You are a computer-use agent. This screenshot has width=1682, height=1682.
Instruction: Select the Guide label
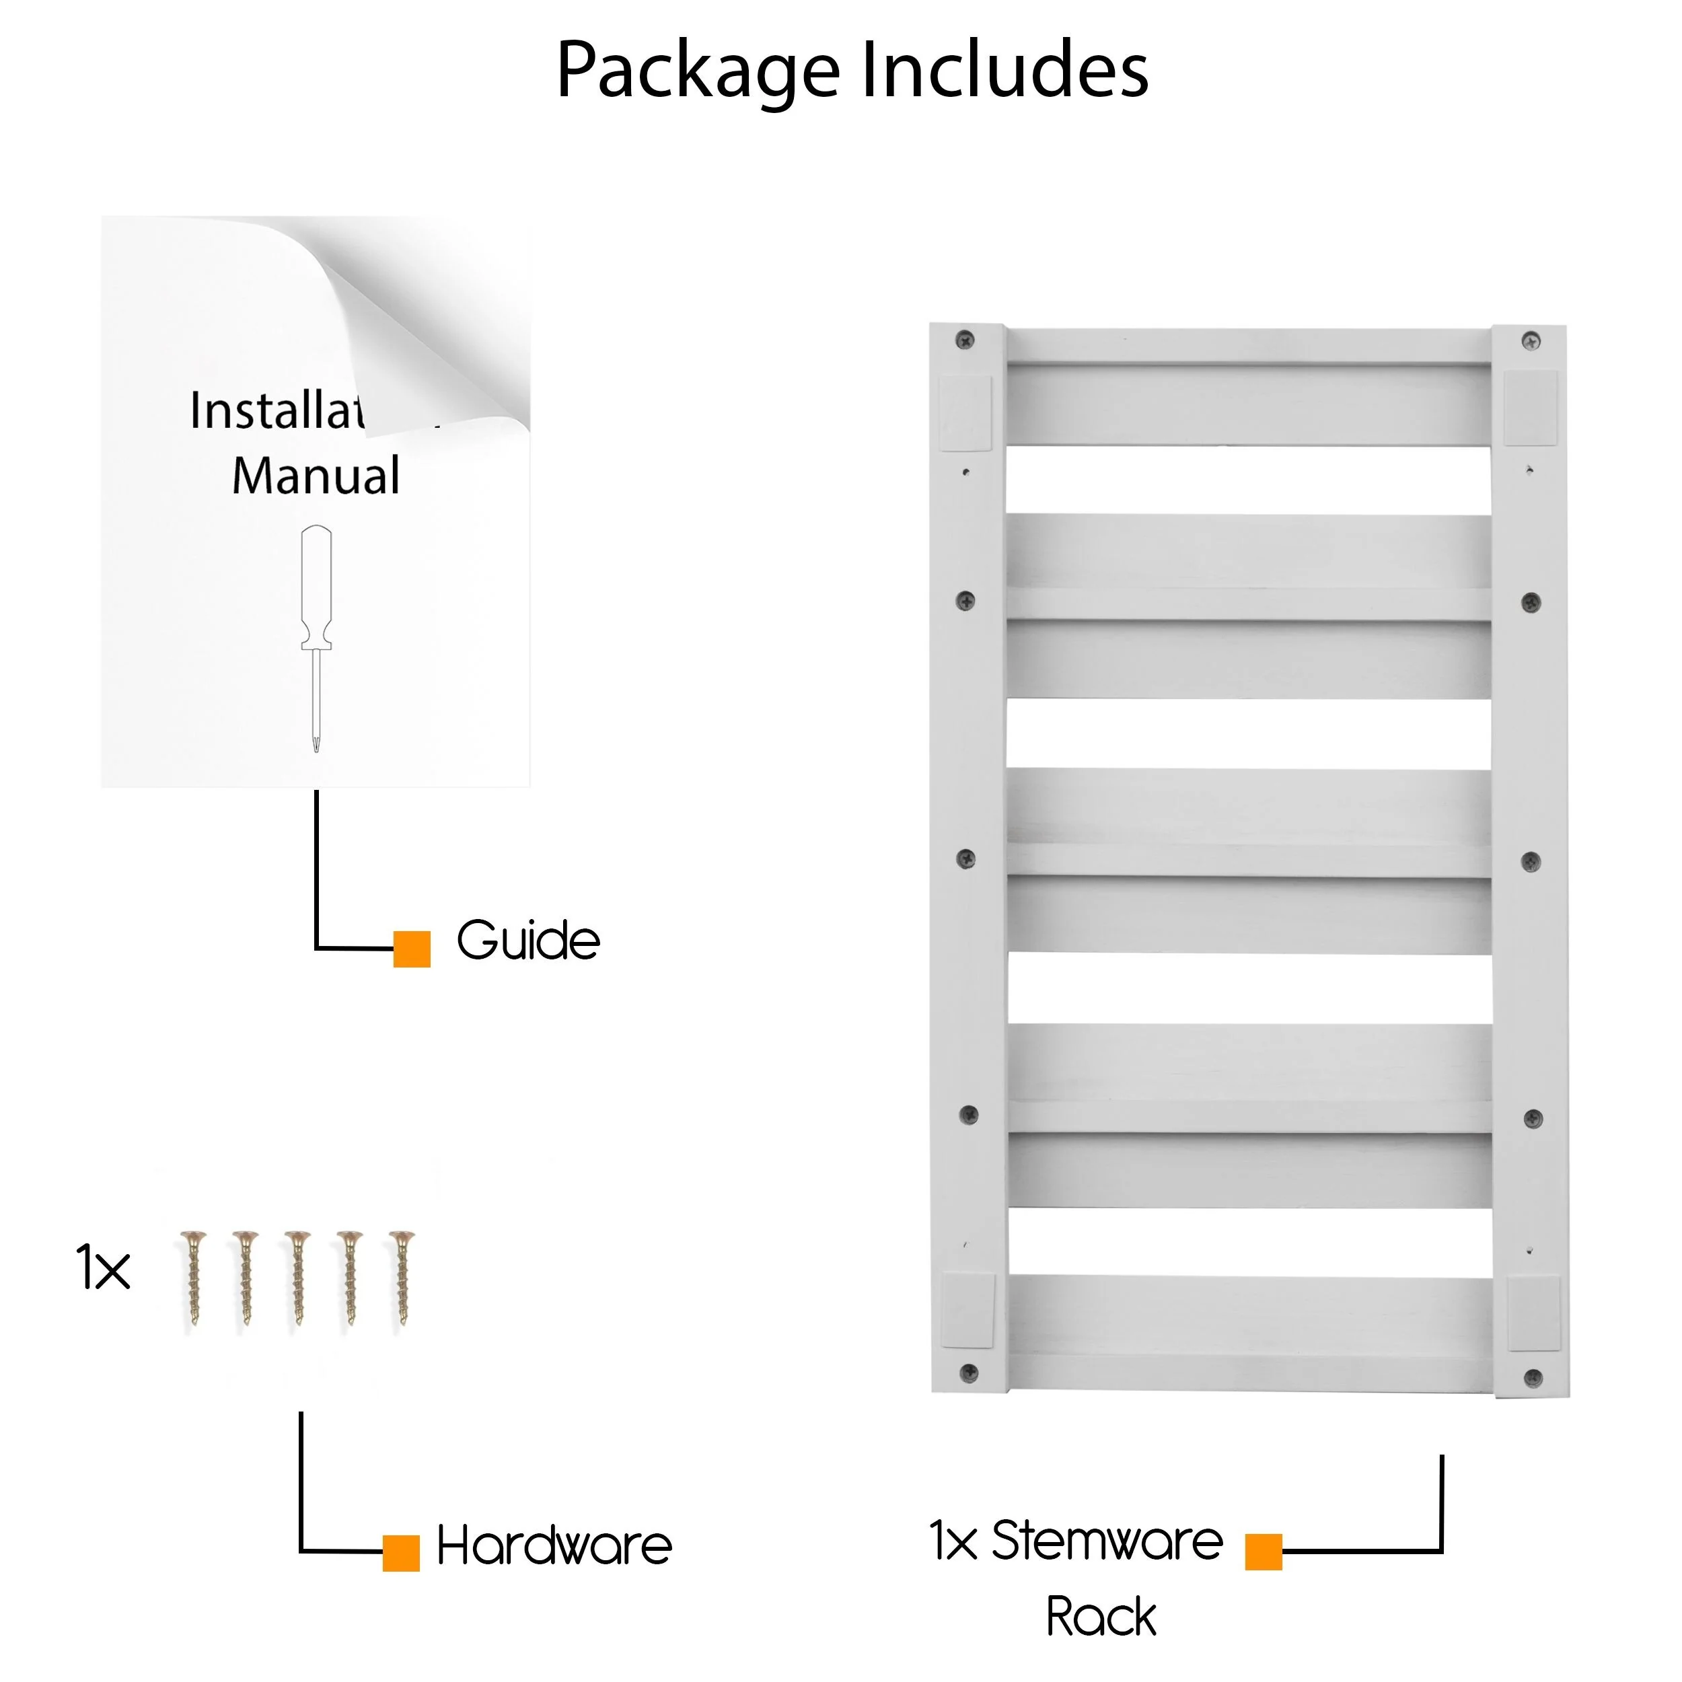coord(528,941)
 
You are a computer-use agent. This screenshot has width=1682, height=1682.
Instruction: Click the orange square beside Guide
coord(412,949)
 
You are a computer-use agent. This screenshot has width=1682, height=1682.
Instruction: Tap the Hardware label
coord(554,1546)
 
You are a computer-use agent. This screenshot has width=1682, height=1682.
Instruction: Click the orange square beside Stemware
coord(1264,1551)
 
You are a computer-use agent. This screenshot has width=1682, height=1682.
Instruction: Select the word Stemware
coord(1107,1541)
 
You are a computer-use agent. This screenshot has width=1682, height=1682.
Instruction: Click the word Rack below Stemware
coord(1101,1617)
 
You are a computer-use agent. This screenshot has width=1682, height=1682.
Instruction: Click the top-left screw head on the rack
coord(965,340)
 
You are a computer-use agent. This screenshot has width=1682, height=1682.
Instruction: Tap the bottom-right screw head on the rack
coord(1533,1378)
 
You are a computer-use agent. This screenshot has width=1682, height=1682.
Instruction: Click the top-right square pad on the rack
coord(1531,408)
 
